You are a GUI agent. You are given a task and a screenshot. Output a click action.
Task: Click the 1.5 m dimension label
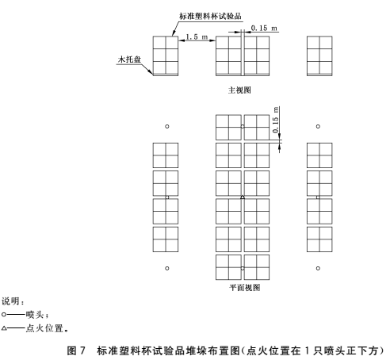click(x=197, y=36)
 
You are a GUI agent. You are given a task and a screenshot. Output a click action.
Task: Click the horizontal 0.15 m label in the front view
click(x=264, y=28)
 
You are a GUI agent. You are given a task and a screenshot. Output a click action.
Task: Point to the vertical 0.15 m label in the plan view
click(x=275, y=120)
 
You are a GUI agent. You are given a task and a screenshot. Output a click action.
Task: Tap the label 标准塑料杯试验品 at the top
click(x=210, y=16)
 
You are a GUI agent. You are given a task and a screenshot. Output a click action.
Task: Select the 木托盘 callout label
click(x=129, y=59)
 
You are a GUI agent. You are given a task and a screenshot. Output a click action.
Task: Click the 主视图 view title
click(x=239, y=90)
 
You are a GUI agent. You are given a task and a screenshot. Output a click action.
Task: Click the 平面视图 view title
click(x=245, y=287)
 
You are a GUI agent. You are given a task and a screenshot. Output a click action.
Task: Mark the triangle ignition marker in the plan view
click(x=243, y=197)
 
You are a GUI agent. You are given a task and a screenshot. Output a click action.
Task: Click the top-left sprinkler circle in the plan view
click(x=167, y=126)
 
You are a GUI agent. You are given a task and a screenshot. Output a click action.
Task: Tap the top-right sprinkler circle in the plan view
click(x=318, y=126)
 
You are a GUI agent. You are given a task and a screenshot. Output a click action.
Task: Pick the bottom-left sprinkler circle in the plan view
click(x=167, y=268)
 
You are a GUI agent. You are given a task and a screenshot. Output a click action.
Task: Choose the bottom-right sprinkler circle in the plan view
click(x=318, y=268)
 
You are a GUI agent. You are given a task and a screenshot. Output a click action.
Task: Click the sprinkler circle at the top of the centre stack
click(x=243, y=126)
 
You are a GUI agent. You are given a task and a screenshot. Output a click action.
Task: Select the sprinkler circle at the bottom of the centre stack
click(x=243, y=268)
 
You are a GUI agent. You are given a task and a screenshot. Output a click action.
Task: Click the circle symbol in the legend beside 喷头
click(x=4, y=315)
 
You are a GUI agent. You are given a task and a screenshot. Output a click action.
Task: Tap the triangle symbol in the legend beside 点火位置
click(x=4, y=328)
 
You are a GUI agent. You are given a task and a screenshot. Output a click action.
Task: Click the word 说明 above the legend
click(x=10, y=301)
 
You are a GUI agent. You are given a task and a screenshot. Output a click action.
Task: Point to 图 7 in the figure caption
click(x=76, y=350)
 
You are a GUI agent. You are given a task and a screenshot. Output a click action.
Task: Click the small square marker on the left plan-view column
click(x=167, y=197)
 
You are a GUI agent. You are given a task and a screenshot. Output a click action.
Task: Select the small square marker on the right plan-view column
click(x=318, y=197)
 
